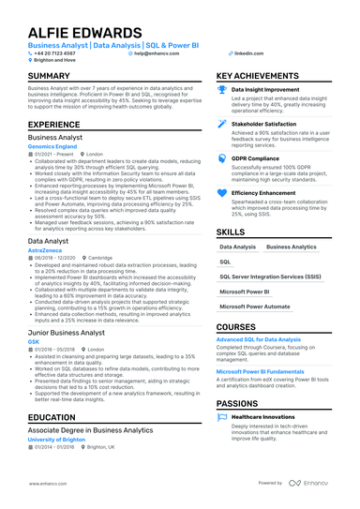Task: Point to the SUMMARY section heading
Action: (x=54, y=76)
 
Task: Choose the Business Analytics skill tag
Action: (x=292, y=247)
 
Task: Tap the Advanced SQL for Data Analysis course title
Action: (x=259, y=338)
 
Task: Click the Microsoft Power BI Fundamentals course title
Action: (x=261, y=371)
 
